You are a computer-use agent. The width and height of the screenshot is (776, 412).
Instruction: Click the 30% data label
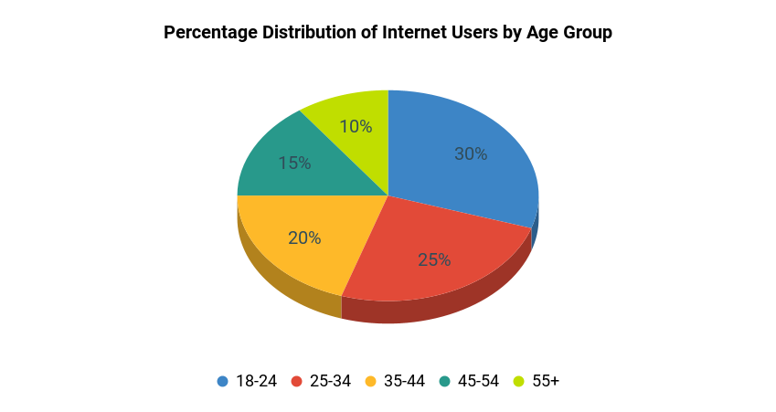click(471, 154)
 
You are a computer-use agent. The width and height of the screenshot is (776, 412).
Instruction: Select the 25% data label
click(434, 259)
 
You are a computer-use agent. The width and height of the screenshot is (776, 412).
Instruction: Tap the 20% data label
click(304, 238)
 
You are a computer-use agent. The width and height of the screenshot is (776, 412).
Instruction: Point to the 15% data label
click(294, 164)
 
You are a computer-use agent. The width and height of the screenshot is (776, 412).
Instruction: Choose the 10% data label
click(356, 127)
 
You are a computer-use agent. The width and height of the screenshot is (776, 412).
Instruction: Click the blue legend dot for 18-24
click(222, 381)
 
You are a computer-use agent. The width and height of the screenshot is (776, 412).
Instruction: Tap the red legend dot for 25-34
click(296, 381)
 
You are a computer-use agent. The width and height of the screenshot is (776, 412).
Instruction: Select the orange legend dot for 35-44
click(370, 381)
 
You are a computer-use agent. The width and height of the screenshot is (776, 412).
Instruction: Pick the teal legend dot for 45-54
click(444, 381)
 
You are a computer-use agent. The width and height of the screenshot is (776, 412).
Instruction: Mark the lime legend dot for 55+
click(518, 381)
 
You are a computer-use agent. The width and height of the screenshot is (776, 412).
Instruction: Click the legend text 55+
click(545, 381)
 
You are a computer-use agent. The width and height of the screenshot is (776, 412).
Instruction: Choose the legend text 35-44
click(404, 381)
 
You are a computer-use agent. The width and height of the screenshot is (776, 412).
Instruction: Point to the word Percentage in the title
click(211, 33)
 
